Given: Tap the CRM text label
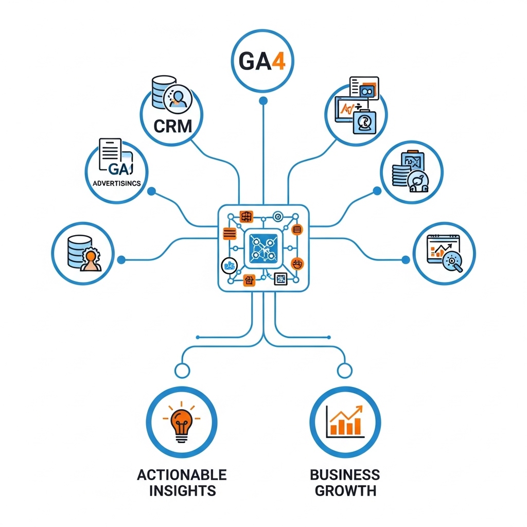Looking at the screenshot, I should (x=173, y=126).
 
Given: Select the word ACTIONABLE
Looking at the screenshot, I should (x=182, y=475).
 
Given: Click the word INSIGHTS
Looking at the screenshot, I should (x=182, y=490).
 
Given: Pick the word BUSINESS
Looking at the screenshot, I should (x=345, y=475).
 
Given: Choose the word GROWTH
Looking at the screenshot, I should (x=345, y=490).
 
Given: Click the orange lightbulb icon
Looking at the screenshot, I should (x=181, y=421).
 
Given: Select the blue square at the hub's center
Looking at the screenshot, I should (x=263, y=249).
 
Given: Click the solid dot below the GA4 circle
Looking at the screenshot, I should (x=263, y=101).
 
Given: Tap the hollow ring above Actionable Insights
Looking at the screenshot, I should (x=181, y=370).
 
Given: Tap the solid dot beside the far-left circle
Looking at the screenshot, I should (x=121, y=260).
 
